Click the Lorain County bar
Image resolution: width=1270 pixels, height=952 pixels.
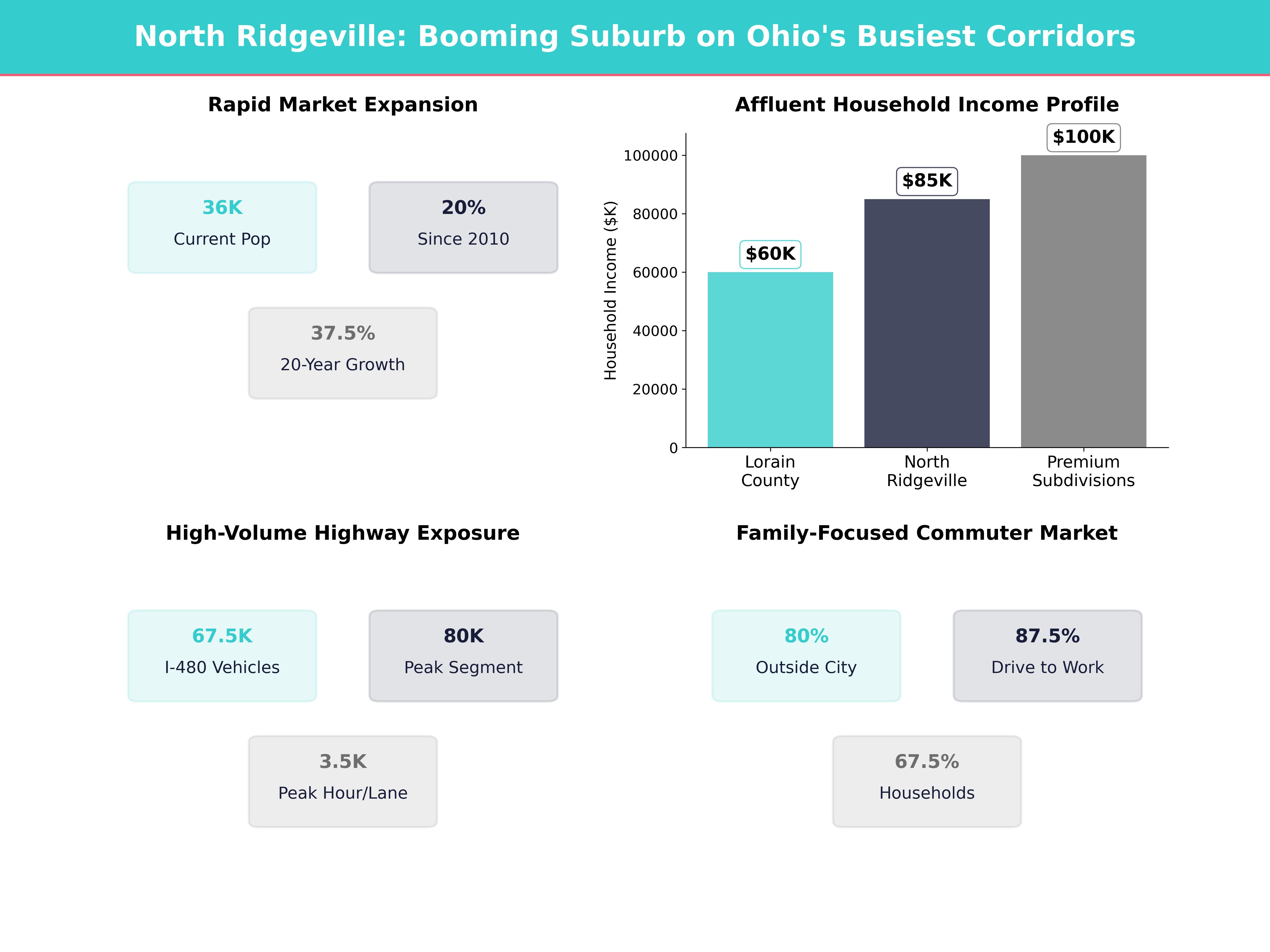click(770, 360)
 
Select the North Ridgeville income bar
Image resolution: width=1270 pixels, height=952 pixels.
click(927, 323)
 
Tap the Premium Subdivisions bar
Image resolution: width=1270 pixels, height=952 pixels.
click(1083, 301)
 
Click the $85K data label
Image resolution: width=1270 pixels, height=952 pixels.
click(927, 181)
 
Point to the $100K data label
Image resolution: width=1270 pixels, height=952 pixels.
click(1083, 137)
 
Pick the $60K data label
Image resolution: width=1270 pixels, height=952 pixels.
click(770, 254)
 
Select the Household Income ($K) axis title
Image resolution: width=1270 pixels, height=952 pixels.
click(610, 290)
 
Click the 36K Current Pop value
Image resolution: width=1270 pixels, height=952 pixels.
click(222, 208)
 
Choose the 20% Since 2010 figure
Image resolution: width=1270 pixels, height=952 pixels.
click(463, 208)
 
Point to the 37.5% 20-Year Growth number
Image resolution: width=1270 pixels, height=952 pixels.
click(343, 333)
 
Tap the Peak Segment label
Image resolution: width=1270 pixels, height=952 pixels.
click(463, 667)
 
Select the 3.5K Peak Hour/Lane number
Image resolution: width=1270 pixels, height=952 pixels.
click(343, 762)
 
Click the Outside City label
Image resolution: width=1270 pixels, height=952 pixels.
click(806, 667)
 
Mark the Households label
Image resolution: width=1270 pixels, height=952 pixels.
click(927, 793)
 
